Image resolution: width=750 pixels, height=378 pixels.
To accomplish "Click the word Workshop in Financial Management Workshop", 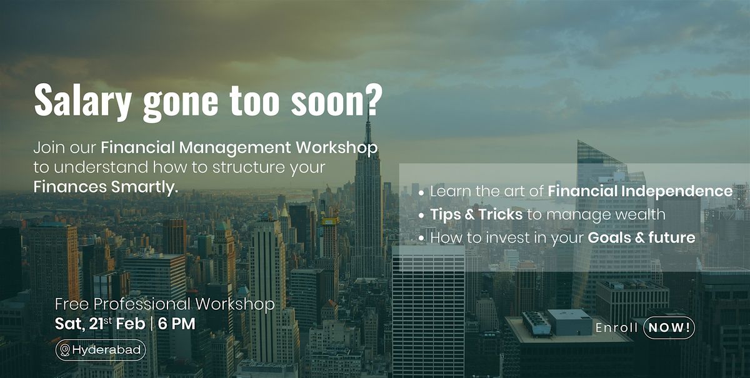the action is click(337, 148).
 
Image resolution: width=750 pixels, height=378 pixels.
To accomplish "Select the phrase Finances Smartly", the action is click(106, 187).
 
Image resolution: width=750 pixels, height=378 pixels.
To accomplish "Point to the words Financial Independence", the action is click(640, 191).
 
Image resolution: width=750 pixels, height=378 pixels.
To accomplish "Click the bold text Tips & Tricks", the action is click(476, 214).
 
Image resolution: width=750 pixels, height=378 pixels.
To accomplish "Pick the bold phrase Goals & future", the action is click(641, 237).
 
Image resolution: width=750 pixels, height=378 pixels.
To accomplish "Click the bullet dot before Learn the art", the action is click(421, 193).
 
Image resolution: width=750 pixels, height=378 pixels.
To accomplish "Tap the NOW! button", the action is click(669, 327).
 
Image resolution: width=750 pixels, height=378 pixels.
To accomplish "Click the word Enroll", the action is click(616, 328).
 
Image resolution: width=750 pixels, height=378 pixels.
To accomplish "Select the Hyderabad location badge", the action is click(101, 351).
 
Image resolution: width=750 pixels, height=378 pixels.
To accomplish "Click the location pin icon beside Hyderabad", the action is click(64, 351).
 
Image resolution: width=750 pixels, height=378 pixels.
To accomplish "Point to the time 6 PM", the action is click(176, 324).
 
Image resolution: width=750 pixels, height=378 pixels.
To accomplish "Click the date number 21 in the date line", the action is click(96, 324).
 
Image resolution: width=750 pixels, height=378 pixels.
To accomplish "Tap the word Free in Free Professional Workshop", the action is click(72, 304).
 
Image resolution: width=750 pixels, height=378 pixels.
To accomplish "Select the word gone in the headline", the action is click(181, 103).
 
